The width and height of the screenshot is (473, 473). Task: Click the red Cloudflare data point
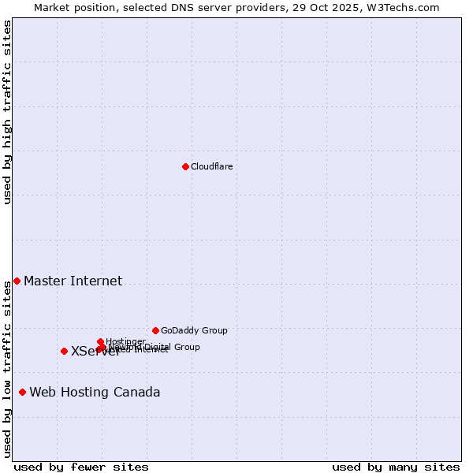pyautogui.click(x=185, y=166)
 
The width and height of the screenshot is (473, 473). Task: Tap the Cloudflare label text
pyautogui.click(x=211, y=166)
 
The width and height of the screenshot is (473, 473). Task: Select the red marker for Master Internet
pyautogui.click(x=17, y=281)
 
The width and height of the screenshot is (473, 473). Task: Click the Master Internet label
pyautogui.click(x=73, y=281)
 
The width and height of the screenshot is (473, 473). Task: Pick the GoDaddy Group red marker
pyautogui.click(x=155, y=330)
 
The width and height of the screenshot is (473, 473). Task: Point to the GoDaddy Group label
pyautogui.click(x=194, y=330)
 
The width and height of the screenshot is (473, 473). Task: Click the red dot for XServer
pyautogui.click(x=64, y=351)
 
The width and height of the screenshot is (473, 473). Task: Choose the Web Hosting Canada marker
pyautogui.click(x=22, y=392)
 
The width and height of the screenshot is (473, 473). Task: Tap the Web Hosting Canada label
pyautogui.click(x=95, y=392)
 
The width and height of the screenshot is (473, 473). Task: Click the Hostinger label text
pyautogui.click(x=125, y=341)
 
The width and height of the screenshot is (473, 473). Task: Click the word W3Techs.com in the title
pyautogui.click(x=404, y=7)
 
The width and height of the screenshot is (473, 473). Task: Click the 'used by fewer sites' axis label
pyautogui.click(x=81, y=467)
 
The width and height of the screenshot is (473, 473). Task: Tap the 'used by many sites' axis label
pyautogui.click(x=396, y=467)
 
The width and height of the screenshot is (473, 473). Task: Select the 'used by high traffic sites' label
pyautogui.click(x=7, y=112)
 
